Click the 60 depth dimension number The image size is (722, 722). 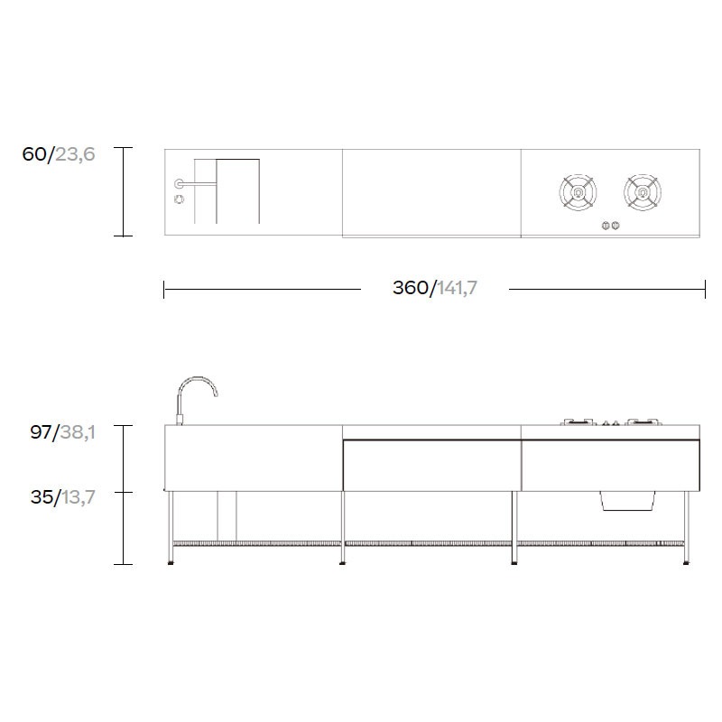pos(33,153)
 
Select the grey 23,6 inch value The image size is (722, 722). pos(75,154)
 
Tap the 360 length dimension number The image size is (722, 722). pos(411,288)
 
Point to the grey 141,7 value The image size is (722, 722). pos(457,288)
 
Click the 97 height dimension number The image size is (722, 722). pos(41,432)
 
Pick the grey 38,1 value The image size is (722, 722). pos(78,432)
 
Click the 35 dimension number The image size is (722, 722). pos(42,497)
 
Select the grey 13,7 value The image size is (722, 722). pos(79,497)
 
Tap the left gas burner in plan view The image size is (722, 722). pos(578,192)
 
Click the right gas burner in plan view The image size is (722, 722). pos(643,192)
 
